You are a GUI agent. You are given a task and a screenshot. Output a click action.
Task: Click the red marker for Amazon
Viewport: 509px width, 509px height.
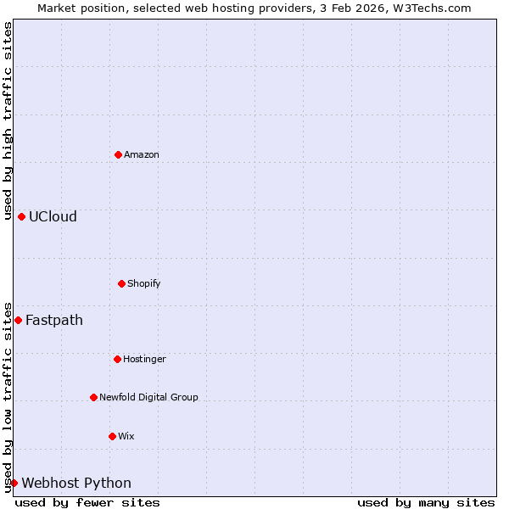pos(119,154)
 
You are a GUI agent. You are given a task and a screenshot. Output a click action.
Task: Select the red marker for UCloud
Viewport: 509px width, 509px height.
pos(21,216)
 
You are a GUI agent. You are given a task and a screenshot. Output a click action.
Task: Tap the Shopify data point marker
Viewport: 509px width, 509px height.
pos(121,283)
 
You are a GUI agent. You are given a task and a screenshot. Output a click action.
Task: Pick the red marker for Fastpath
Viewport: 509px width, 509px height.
pos(18,320)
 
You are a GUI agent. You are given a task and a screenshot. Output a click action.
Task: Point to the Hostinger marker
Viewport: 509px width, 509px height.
pos(117,359)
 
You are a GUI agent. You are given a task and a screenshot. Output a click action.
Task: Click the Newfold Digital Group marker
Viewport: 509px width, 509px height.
pos(93,397)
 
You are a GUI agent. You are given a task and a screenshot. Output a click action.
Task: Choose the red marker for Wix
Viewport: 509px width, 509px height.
pos(112,436)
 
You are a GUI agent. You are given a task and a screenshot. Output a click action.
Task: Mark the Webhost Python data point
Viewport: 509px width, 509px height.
pos(14,483)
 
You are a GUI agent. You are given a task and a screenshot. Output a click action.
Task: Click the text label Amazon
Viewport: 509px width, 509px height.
pos(142,154)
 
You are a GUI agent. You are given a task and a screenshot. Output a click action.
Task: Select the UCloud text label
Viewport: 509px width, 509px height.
pos(53,216)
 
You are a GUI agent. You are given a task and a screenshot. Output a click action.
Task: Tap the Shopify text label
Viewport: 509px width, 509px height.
pos(144,283)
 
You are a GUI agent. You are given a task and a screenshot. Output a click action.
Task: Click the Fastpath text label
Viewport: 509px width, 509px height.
pos(54,320)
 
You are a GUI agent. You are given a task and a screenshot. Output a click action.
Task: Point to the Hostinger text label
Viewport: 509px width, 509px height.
pos(144,359)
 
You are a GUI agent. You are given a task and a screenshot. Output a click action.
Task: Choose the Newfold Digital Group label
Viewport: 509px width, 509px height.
pos(148,397)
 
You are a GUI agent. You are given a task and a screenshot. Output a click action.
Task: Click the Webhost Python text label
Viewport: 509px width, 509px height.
pos(76,483)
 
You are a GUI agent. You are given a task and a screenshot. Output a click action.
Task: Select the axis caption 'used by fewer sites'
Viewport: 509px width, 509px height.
pos(87,502)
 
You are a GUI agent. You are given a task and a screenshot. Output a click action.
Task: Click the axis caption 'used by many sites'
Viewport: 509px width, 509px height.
pos(426,502)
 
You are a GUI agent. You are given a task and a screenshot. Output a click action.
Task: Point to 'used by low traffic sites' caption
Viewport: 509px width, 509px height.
pos(8,397)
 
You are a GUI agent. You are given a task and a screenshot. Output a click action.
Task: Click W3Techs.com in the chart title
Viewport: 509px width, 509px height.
pos(431,8)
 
